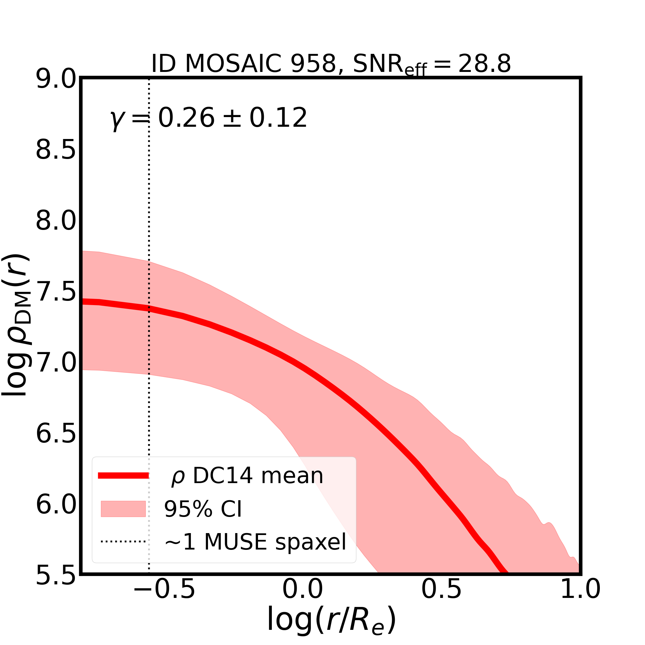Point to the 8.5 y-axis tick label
point(56,150)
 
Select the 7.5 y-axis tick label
point(56,292)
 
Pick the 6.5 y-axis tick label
point(56,434)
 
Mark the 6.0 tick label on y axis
point(56,505)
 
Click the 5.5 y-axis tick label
point(56,576)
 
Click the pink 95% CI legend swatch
point(123,509)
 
